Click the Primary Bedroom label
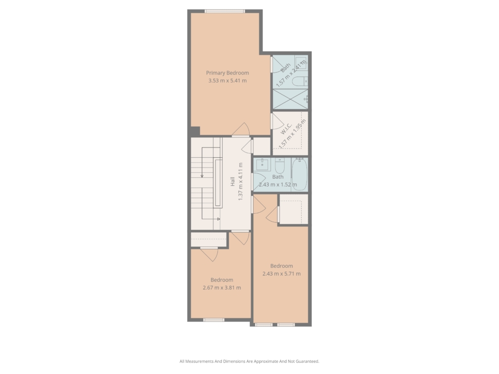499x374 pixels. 227,73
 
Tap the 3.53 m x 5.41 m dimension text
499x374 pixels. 227,80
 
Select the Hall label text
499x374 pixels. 232,182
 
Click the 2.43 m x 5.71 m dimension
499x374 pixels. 281,274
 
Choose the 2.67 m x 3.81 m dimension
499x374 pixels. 222,287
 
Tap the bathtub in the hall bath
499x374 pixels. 300,174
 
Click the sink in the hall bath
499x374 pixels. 262,165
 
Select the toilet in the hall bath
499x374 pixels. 279,166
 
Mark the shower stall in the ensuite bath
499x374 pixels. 290,99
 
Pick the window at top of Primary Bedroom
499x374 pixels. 225,12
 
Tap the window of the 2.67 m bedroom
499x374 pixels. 214,320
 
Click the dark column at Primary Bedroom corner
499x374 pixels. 195,131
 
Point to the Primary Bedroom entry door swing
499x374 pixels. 241,129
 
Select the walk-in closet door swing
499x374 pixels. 277,121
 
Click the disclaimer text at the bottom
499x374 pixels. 249,361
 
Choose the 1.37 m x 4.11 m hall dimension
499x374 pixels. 241,182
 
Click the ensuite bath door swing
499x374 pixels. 277,65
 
